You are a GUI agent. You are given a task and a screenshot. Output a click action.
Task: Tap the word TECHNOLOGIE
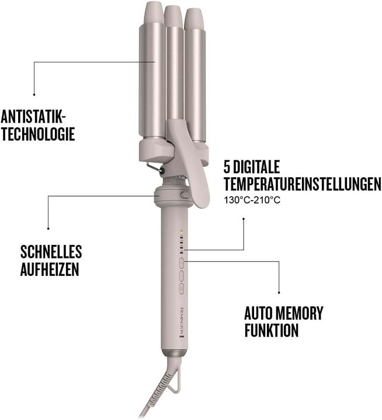click(38, 134)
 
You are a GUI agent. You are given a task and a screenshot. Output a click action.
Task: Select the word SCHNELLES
click(51, 252)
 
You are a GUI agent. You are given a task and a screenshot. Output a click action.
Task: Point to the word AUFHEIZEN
click(49, 271)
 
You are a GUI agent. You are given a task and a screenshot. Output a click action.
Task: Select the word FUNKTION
click(272, 331)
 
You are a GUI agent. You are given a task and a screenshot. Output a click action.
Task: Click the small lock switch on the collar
click(185, 196)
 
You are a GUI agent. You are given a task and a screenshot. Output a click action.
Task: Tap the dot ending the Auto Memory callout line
click(279, 292)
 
